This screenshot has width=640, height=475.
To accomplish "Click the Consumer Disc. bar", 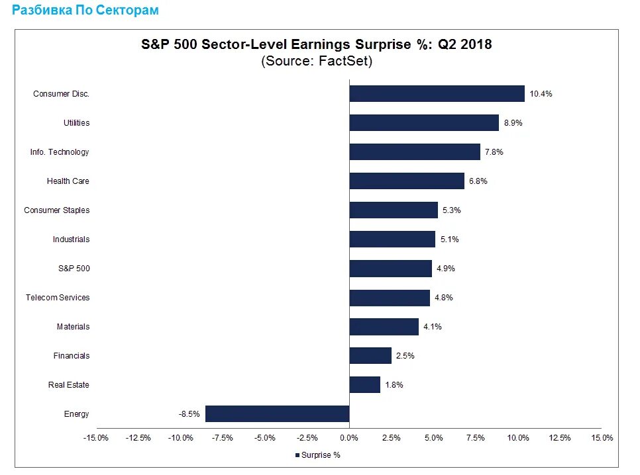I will (x=437, y=94).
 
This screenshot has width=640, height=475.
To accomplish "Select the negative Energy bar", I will (x=277, y=414).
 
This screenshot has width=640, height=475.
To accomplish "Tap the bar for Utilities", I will (x=424, y=123).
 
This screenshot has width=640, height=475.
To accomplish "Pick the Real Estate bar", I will (x=364, y=385).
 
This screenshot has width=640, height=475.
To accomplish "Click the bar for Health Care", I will (x=407, y=181).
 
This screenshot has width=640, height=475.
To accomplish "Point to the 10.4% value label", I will (x=541, y=94).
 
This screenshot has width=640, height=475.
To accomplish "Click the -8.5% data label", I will (x=189, y=414).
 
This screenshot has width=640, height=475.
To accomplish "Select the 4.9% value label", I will (x=445, y=269).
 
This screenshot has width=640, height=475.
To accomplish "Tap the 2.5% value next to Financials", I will (x=405, y=356).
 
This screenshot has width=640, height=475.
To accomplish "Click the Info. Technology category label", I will (x=60, y=152).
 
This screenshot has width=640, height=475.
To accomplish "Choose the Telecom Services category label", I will (x=58, y=298).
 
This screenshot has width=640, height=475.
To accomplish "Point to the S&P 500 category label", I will (x=74, y=269).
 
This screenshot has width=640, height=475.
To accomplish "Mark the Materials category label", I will (x=73, y=327).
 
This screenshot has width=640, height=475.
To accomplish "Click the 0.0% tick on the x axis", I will (x=349, y=438).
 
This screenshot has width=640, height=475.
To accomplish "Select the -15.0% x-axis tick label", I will (x=96, y=438).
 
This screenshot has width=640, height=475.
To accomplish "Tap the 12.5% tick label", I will (x=560, y=438).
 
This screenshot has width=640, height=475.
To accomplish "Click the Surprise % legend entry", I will (x=317, y=455).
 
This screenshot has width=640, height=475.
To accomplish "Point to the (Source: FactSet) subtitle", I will (x=317, y=62).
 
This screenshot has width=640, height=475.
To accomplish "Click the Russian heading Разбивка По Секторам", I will (x=85, y=11).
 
